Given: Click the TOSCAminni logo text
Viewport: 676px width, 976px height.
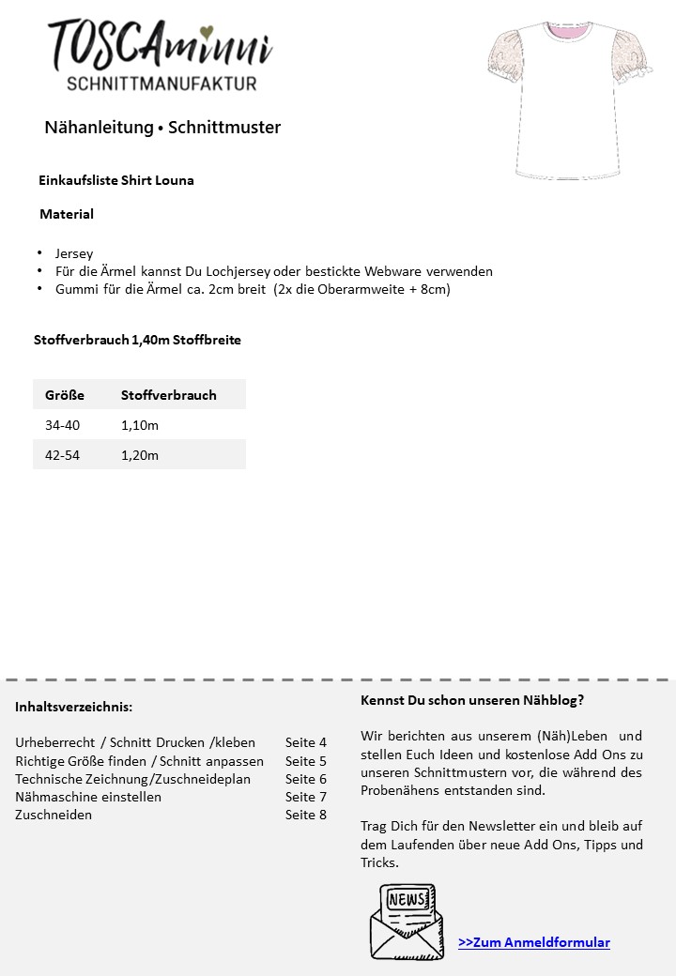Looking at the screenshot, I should (x=160, y=45).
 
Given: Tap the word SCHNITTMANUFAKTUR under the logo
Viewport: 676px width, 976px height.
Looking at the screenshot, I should (x=161, y=84).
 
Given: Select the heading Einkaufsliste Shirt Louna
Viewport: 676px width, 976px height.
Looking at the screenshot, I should (x=116, y=180).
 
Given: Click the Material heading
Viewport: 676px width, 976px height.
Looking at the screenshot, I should (x=67, y=214).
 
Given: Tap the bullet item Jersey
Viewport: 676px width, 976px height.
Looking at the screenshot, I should (x=74, y=253).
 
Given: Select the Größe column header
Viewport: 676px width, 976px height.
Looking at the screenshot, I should (x=65, y=395).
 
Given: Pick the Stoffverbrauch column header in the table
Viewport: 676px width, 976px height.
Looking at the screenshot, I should (x=169, y=395).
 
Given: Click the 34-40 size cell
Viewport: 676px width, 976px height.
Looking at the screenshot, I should (x=63, y=425).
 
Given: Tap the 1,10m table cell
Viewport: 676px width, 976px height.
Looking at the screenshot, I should (x=140, y=425).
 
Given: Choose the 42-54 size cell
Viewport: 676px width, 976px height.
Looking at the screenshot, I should (x=63, y=455).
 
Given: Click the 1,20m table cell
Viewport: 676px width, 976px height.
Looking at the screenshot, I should (x=140, y=455).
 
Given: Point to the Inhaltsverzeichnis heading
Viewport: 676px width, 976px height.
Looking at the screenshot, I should (x=73, y=707).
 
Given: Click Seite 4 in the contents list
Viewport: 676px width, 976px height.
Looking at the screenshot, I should (x=306, y=742).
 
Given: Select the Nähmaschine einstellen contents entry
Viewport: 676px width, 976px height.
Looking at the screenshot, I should (x=88, y=797).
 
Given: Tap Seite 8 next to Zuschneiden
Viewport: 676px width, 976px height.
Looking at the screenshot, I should (x=306, y=815).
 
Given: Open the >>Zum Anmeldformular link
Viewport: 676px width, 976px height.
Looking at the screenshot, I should (x=534, y=942).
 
